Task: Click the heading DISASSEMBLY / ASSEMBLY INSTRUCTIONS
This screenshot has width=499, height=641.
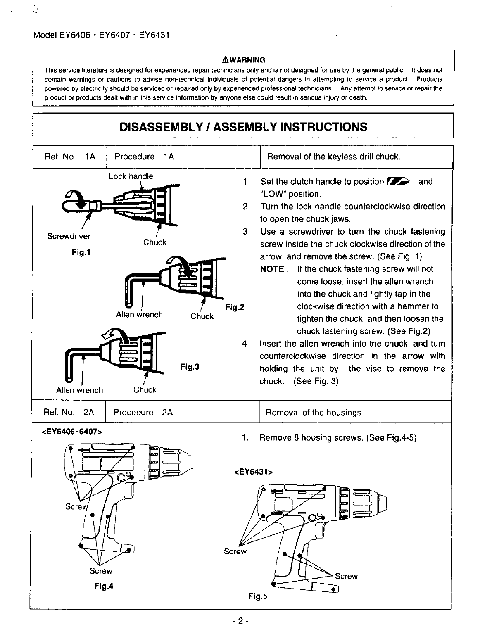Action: click(243, 126)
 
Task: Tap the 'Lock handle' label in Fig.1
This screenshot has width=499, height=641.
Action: click(131, 176)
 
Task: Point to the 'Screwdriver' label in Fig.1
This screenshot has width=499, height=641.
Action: click(69, 236)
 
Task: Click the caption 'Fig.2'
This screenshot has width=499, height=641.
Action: click(235, 307)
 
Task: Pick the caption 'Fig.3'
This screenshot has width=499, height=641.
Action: click(190, 367)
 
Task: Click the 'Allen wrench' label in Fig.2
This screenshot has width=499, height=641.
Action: click(139, 315)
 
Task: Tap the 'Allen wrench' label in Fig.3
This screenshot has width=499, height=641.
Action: click(79, 390)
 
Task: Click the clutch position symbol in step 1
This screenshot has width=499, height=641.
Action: click(398, 181)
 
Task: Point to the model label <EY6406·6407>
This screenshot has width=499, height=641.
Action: click(71, 432)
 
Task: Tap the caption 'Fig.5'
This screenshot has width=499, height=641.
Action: click(258, 596)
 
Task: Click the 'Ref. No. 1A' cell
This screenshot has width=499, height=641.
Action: click(69, 157)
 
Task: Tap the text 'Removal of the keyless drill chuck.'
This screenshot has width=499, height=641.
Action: click(334, 157)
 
